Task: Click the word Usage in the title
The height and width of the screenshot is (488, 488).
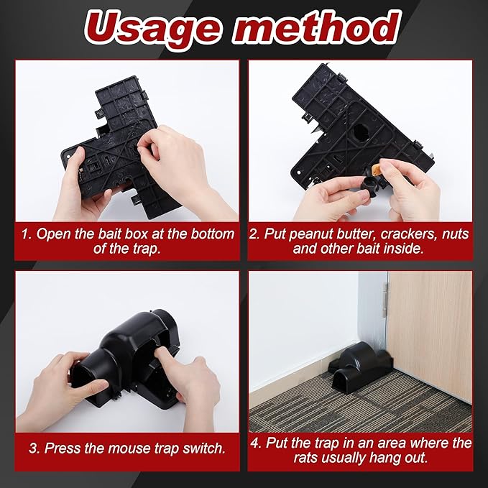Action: [x=153, y=27]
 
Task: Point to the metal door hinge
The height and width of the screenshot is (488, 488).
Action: [x=386, y=300]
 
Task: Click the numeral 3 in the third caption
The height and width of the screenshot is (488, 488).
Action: [x=32, y=448]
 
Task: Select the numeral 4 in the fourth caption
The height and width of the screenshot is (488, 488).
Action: [x=255, y=443]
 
